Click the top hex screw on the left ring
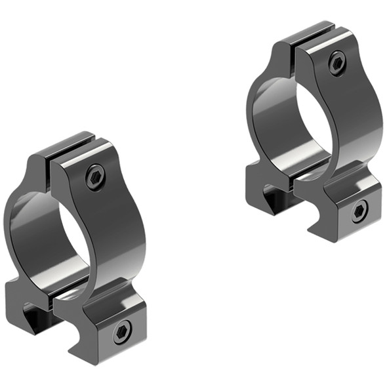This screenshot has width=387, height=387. (x=95, y=177)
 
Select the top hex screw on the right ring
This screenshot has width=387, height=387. (x=336, y=64)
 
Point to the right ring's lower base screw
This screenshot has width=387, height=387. (x=359, y=211)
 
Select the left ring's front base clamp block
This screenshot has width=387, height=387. (x=105, y=328)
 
